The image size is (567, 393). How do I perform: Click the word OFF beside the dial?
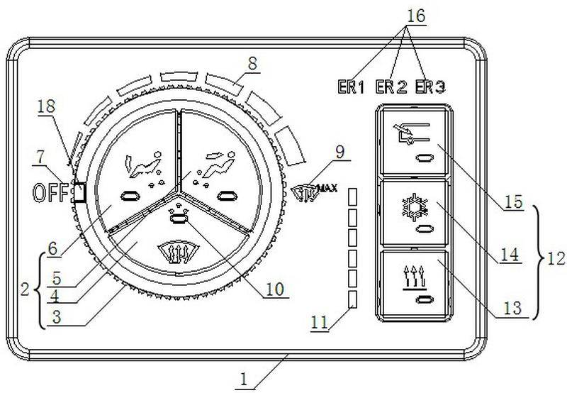click(50, 192)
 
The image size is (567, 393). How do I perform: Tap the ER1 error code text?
click(351, 87)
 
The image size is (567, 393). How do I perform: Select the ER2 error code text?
click(391, 87)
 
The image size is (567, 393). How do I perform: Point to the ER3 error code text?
click(430, 87)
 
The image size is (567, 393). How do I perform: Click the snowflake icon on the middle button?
click(415, 206)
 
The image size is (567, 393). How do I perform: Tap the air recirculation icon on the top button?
click(411, 133)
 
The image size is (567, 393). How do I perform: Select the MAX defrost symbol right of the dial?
click(314, 192)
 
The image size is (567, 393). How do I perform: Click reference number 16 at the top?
click(416, 16)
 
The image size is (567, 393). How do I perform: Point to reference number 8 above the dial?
click(252, 64)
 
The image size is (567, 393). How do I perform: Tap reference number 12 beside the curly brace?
click(556, 258)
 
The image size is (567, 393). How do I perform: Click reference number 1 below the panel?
click(244, 380)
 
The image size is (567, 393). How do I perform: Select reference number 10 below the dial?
click(275, 289)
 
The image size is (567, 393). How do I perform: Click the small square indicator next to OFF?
click(80, 192)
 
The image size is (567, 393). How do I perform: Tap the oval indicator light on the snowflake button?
click(425, 229)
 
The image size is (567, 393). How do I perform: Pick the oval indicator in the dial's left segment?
click(130, 196)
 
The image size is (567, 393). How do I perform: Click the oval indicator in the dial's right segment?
click(226, 196)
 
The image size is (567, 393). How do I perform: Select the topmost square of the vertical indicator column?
click(352, 196)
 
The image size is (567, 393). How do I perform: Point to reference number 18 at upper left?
click(47, 106)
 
